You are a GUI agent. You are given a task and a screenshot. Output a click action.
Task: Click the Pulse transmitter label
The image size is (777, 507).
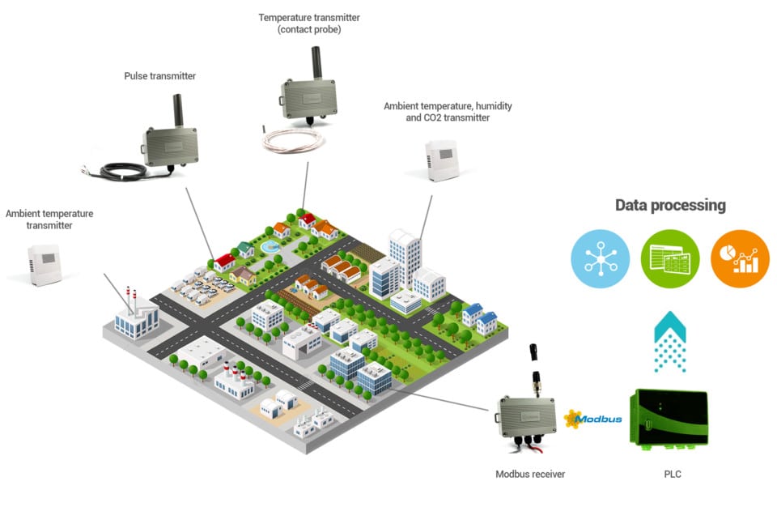(x=159, y=76)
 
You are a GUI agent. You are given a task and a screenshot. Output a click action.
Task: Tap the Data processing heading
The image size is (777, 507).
(x=670, y=205)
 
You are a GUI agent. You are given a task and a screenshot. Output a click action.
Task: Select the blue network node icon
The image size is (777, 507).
(x=600, y=258)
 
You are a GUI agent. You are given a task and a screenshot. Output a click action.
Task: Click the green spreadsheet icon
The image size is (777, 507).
(x=669, y=258)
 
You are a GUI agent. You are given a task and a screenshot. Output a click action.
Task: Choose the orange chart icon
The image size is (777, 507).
(x=739, y=258)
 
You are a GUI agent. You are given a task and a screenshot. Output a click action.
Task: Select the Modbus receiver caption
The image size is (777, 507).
(x=530, y=474)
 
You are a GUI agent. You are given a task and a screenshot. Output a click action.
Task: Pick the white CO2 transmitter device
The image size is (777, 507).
(x=442, y=160)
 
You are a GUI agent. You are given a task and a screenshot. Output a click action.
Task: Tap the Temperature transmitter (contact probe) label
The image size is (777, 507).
(x=309, y=23)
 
